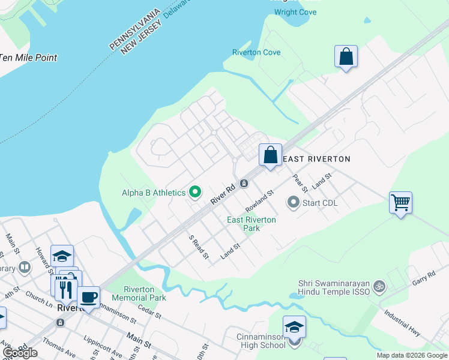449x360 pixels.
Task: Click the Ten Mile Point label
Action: coord(29,58)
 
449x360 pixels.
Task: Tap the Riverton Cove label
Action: coord(256,52)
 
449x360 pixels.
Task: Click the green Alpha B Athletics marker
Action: coord(195,193)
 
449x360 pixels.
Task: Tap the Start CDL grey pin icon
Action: coord(293,202)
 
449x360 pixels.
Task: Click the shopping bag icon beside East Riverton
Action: coord(270,155)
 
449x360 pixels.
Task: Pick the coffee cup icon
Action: coord(89,297)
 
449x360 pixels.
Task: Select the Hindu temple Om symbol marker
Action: coord(378,287)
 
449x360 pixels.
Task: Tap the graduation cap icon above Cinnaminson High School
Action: coord(294,327)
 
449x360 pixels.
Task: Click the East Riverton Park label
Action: coord(252,224)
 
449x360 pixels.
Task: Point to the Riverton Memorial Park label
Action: coord(139,293)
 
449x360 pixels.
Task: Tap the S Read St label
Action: coord(199,247)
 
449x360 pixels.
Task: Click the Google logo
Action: coord(20,353)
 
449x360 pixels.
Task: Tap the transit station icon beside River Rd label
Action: coord(244,183)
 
